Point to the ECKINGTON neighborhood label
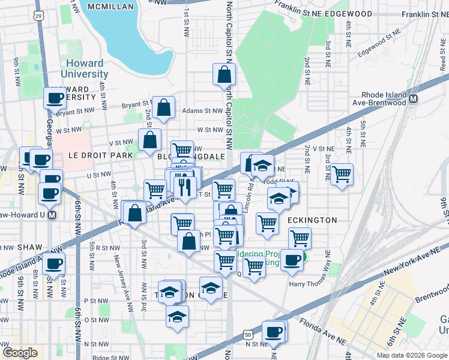pyautogui.click(x=312, y=220)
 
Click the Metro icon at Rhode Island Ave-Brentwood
pyautogui.click(x=413, y=95)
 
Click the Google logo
pyautogui.click(x=20, y=353)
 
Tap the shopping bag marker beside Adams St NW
pyautogui.click(x=163, y=107)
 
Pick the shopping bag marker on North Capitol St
pyautogui.click(x=224, y=74)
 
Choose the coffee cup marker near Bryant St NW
pyautogui.click(x=55, y=98)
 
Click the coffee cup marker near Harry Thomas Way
pyautogui.click(x=292, y=259)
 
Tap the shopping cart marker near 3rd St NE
pyautogui.click(x=342, y=175)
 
